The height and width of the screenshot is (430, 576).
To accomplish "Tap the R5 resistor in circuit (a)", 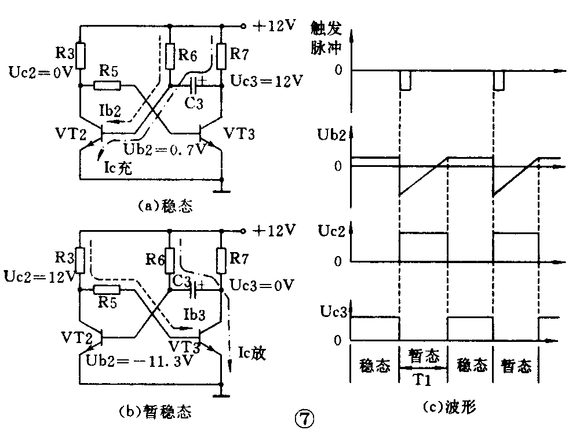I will [x=108, y=86].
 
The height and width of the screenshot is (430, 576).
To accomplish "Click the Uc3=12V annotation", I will [x=265, y=81].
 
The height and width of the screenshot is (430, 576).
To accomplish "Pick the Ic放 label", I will [x=251, y=353].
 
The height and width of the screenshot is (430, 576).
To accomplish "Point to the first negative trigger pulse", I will [x=405, y=81].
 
